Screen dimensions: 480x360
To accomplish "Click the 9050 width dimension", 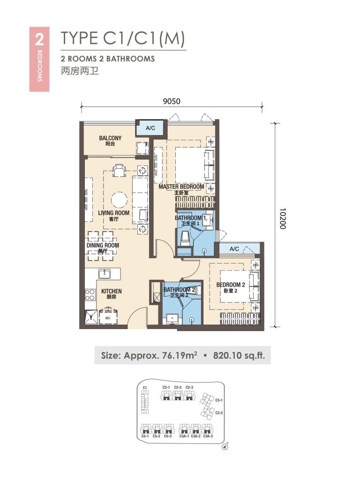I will pyautogui.click(x=172, y=100).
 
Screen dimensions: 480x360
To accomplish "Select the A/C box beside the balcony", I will pyautogui.click(x=150, y=127).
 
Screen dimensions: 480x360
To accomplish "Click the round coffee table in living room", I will pyautogui.click(x=120, y=200).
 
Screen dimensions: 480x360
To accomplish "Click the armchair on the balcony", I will pyautogui.click(x=141, y=148).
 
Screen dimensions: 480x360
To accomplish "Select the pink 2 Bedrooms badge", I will pyautogui.click(x=39, y=59).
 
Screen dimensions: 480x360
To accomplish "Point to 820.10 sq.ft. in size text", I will pyautogui.click(x=239, y=356).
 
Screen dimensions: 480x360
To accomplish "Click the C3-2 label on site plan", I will pyautogui.click(x=218, y=412).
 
